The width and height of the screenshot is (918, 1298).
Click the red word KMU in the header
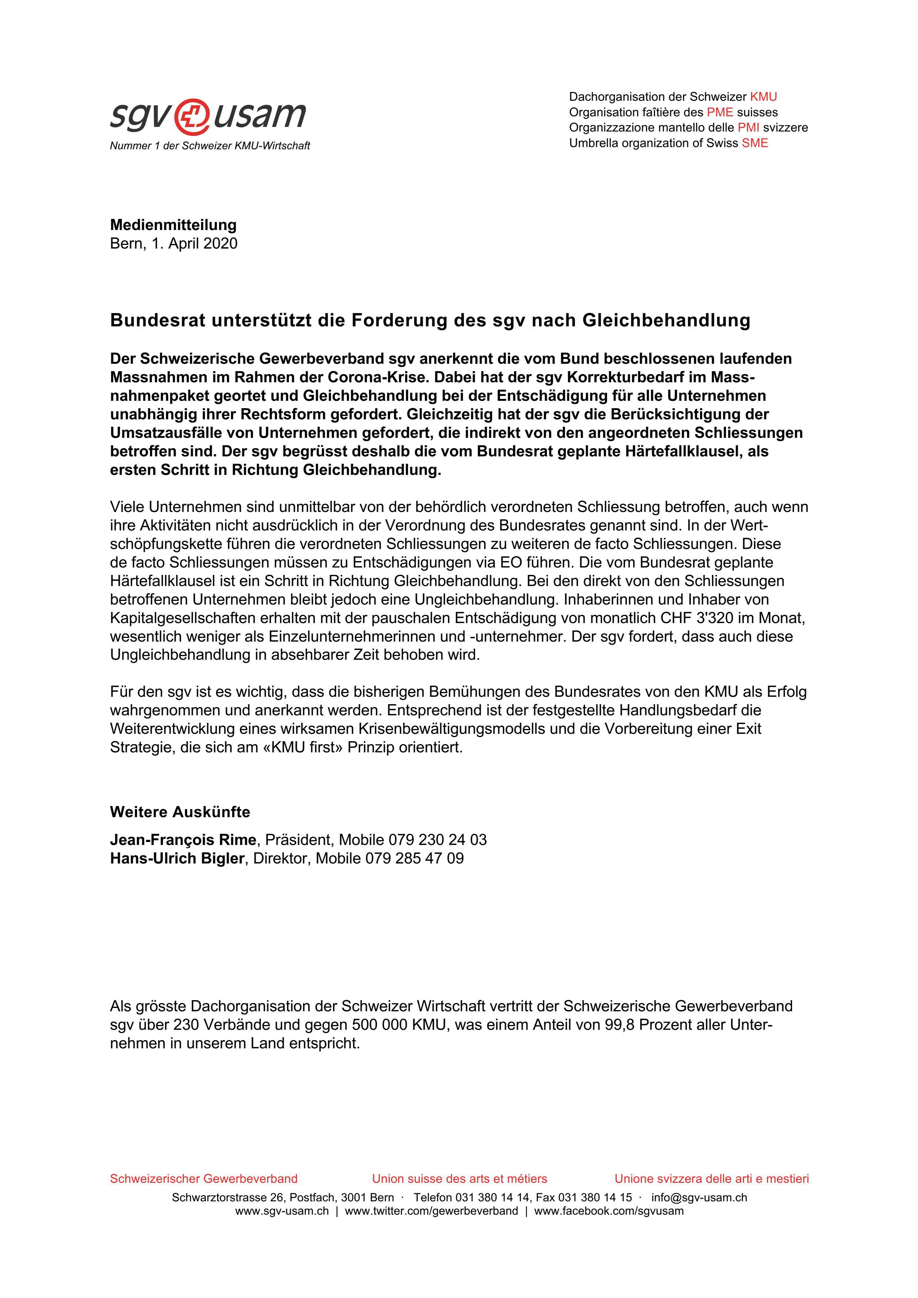tap(763, 97)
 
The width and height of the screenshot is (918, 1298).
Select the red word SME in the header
tap(755, 143)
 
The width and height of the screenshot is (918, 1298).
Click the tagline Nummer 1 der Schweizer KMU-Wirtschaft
tap(210, 146)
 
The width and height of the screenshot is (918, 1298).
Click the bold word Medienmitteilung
tap(173, 225)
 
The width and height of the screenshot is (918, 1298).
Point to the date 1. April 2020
tap(194, 244)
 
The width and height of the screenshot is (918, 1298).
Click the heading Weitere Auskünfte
tap(180, 812)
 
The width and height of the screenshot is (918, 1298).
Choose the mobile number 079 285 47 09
tap(414, 859)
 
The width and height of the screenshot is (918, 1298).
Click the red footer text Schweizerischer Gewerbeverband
tap(204, 1179)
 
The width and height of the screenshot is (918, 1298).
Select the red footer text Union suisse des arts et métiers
tap(459, 1179)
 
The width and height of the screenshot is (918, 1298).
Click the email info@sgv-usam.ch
tap(699, 1197)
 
